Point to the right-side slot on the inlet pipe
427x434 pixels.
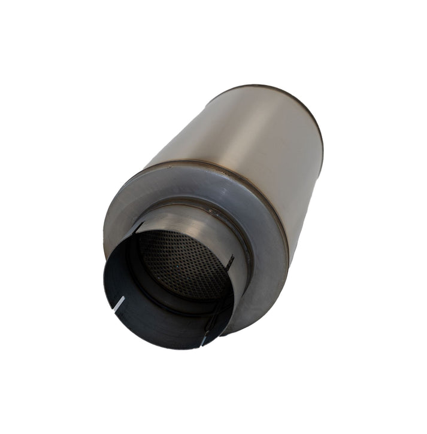pos(229,261)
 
